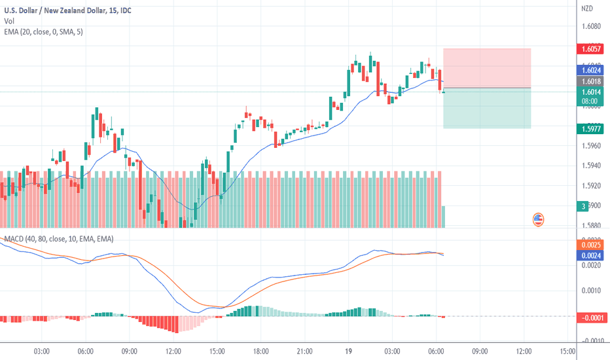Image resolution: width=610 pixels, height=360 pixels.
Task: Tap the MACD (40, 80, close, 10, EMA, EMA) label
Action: point(59,240)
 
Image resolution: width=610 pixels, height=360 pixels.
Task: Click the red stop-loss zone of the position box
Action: point(486,67)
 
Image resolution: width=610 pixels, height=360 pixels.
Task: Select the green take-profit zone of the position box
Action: point(486,108)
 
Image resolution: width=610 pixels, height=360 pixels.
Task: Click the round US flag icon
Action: point(538,220)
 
